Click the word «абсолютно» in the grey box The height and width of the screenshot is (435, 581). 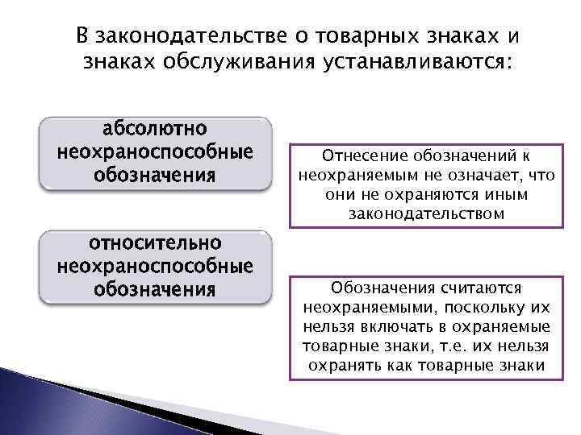(154, 129)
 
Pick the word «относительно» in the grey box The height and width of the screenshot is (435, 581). (154, 243)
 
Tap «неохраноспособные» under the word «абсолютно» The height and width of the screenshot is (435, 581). (154, 151)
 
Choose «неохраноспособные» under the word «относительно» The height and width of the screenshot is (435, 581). (154, 266)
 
